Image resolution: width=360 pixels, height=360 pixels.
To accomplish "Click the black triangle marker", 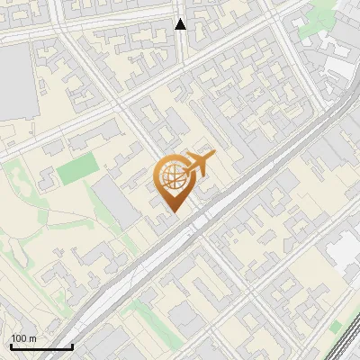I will click(181, 24).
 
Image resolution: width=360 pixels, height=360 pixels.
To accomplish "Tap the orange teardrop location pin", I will click(173, 183).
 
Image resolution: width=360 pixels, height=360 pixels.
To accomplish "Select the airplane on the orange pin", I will click(197, 165).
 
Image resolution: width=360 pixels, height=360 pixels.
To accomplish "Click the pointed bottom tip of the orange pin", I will click(173, 211).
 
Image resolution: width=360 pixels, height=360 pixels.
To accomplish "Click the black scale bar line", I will click(41, 346).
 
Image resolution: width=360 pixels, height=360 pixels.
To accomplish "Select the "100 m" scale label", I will click(23, 338).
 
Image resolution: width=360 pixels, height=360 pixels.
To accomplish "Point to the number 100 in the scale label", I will click(20, 338).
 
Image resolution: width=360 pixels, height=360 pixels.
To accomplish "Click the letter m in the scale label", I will click(31, 338).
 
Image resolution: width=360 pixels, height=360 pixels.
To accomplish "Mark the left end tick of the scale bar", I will click(11, 345).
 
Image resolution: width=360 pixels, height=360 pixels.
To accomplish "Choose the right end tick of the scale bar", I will click(72, 345).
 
